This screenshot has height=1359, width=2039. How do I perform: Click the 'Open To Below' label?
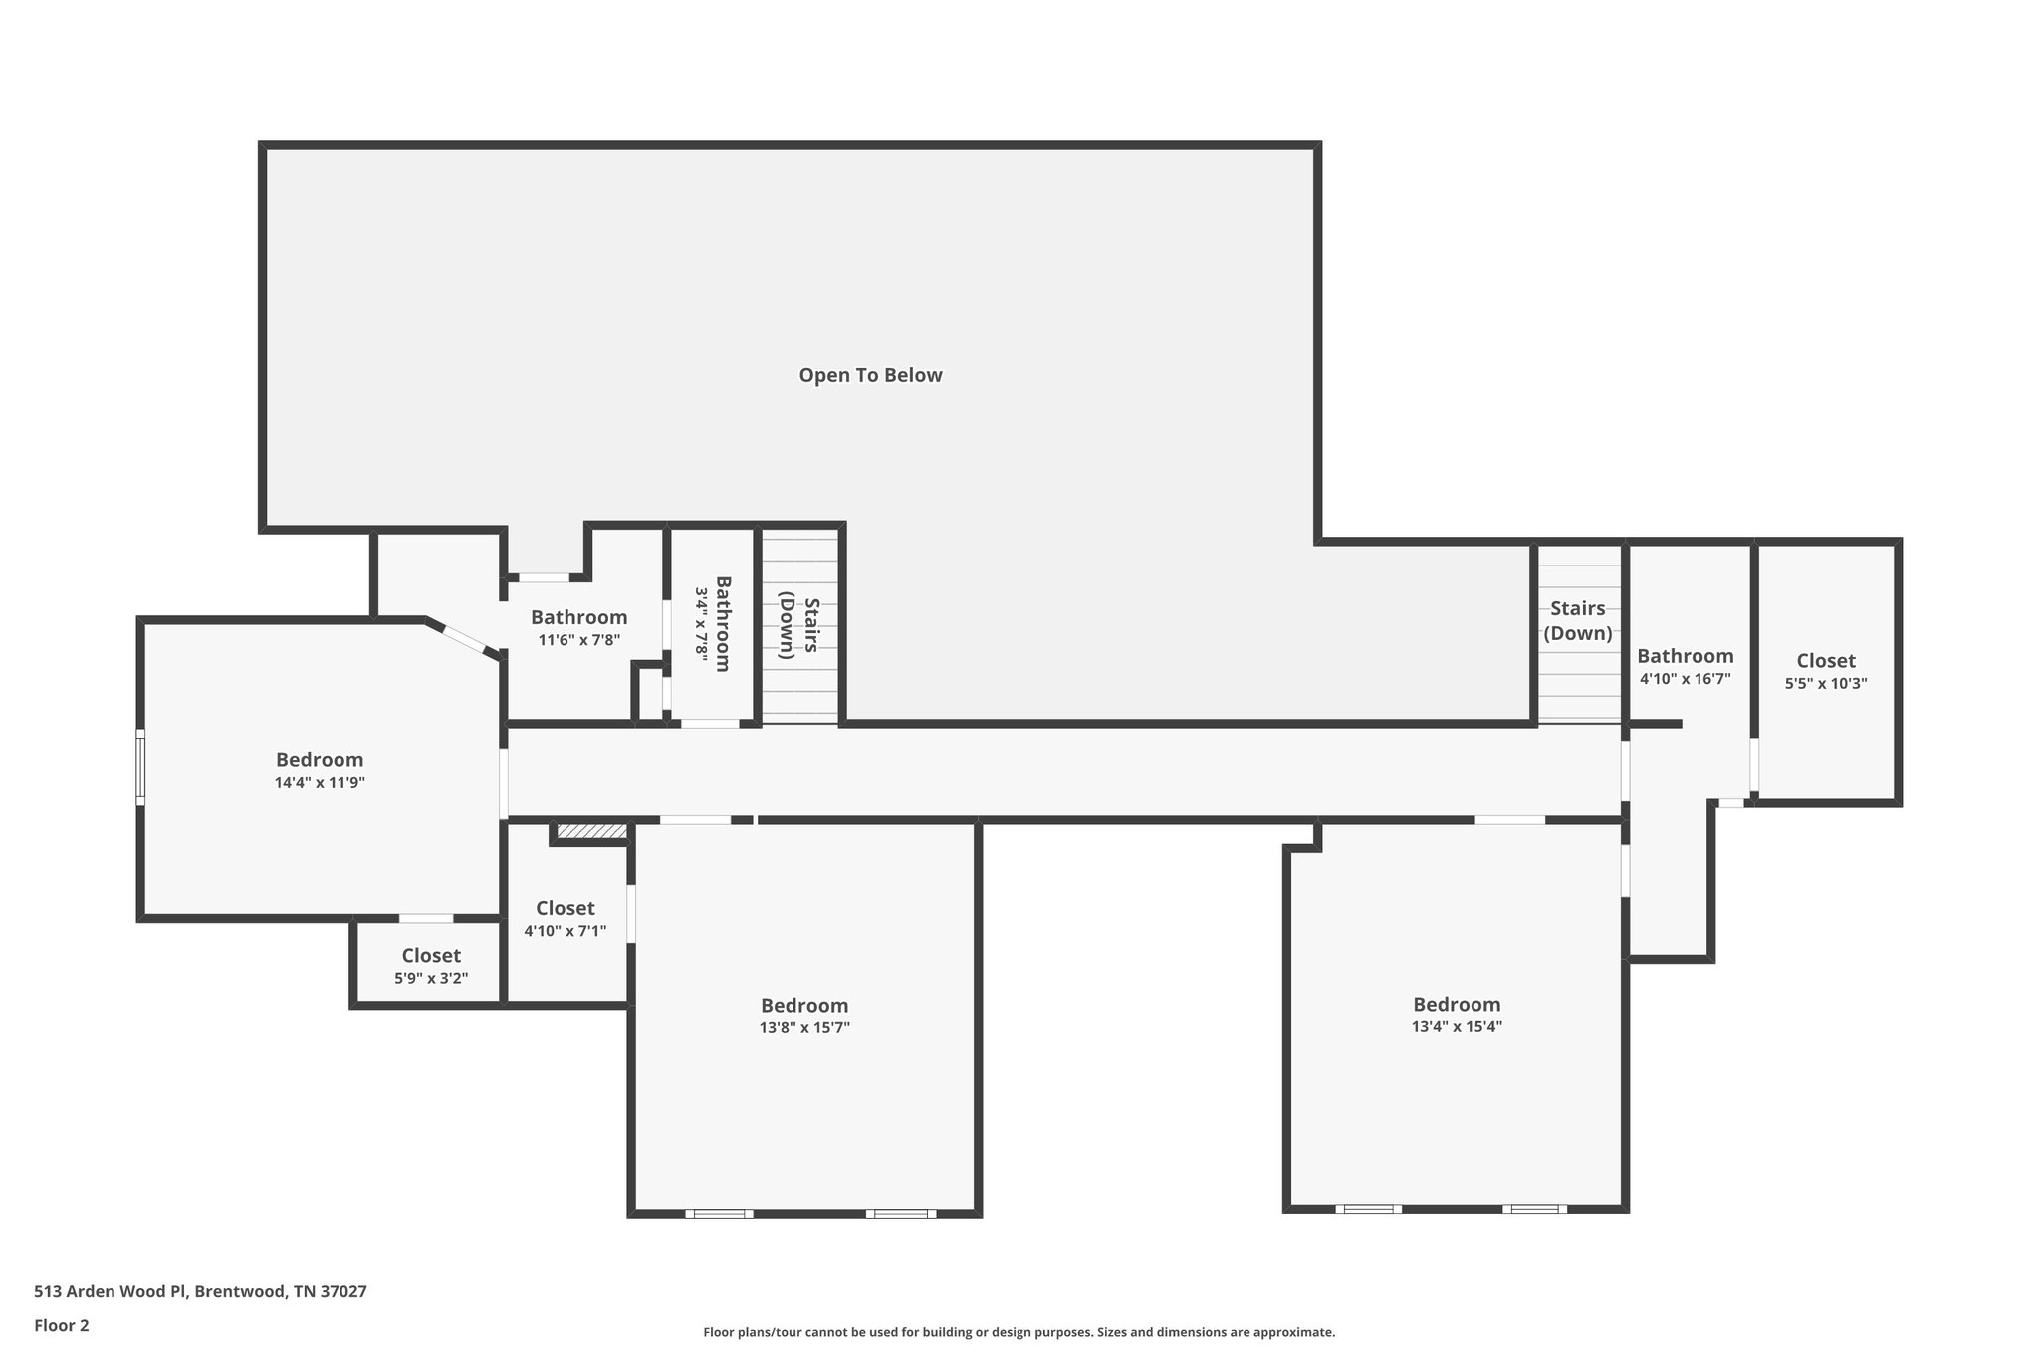[x=870, y=375]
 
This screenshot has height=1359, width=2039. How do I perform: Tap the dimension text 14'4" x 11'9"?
[x=320, y=783]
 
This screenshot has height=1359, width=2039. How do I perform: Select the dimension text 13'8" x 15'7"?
[x=804, y=1027]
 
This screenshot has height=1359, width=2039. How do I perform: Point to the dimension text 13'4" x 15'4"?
[x=1457, y=1026]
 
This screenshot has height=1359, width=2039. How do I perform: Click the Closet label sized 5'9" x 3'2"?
[x=431, y=956]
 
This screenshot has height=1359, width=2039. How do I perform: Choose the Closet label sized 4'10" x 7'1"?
[x=565, y=908]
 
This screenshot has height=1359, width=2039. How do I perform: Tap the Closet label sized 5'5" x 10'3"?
[x=1826, y=661]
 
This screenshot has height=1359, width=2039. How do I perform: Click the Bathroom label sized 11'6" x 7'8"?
[x=578, y=617]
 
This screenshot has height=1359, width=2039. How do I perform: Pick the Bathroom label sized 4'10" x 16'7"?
[x=1685, y=656]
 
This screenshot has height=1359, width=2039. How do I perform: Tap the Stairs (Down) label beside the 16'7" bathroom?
[x=1577, y=620]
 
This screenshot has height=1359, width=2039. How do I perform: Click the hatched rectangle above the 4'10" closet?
[x=591, y=831]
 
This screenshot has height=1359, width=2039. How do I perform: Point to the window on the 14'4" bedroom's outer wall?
[x=140, y=767]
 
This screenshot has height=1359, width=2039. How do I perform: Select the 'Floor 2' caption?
[x=62, y=1325]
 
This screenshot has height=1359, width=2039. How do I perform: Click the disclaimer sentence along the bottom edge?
[x=1019, y=1332]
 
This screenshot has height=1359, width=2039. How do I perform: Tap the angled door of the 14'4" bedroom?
[x=464, y=639]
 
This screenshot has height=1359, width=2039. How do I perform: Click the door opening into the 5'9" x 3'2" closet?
[x=426, y=918]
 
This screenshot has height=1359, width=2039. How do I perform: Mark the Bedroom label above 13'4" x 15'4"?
[x=1457, y=1004]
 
